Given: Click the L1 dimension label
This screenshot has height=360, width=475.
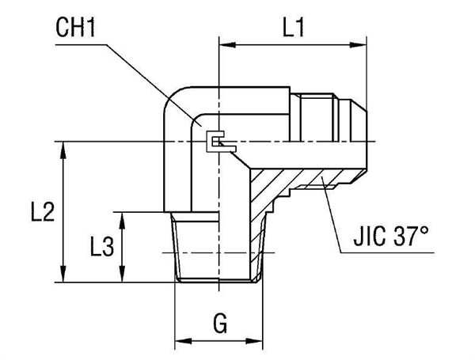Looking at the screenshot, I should coord(294,29).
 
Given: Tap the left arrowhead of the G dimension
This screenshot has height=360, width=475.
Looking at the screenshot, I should coord(179,342).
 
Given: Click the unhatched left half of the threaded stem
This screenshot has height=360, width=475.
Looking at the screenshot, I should coord(194,245).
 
